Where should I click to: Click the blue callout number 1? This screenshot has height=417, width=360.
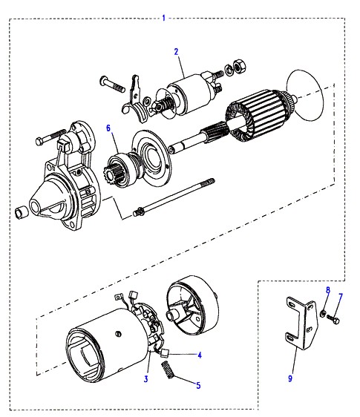pos(164,18)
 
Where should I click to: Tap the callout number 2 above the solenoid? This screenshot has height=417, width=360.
pos(176,52)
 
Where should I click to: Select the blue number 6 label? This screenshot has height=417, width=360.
pos(108,128)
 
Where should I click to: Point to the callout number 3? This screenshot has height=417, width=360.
pos(145,378)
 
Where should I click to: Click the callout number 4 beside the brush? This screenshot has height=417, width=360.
pos(200,355)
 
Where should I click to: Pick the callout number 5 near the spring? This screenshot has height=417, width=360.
pos(198,385)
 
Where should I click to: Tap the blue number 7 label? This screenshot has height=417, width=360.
pos(341,296)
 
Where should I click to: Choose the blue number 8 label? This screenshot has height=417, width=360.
pos(328,290)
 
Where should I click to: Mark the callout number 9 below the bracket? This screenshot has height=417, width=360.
pos(290,378)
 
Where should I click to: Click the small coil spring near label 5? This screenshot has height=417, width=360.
pos(168,370)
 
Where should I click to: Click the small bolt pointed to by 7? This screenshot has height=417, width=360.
pos(333,319)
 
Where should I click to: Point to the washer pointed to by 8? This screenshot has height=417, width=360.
pos(322,313)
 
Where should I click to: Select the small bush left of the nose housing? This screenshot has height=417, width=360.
pos(21,212)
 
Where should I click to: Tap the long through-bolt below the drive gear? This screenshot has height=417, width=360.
pos(174,197)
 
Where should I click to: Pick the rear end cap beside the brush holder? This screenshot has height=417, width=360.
pos(192,304)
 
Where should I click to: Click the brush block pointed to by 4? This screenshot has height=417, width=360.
pos(165,353)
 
